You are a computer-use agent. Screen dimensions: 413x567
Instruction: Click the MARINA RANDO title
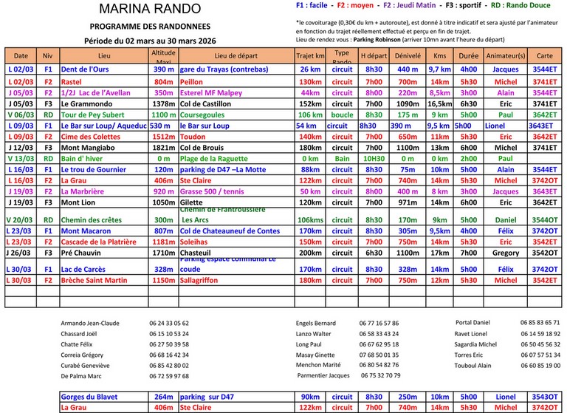click(x=149, y=9)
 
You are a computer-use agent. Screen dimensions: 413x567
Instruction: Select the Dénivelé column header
click(x=408, y=55)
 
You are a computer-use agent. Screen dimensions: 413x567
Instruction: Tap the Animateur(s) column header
click(x=506, y=55)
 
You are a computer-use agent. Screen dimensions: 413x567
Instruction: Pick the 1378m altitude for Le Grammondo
click(x=163, y=104)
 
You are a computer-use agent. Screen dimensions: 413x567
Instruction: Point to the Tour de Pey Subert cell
click(x=94, y=115)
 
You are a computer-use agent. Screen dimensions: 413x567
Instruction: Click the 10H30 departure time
click(x=374, y=158)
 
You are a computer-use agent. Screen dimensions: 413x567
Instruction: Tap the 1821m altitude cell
click(x=163, y=148)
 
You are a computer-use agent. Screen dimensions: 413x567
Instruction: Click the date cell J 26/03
click(x=21, y=253)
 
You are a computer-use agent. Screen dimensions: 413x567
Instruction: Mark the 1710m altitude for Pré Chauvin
click(x=163, y=253)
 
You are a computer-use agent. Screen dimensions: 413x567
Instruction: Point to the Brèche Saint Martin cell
click(x=94, y=280)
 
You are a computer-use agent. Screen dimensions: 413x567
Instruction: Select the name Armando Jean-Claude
click(x=90, y=323)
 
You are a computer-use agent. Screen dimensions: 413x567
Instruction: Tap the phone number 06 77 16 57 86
click(x=379, y=323)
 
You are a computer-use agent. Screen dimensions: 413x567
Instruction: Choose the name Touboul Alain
click(x=473, y=365)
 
